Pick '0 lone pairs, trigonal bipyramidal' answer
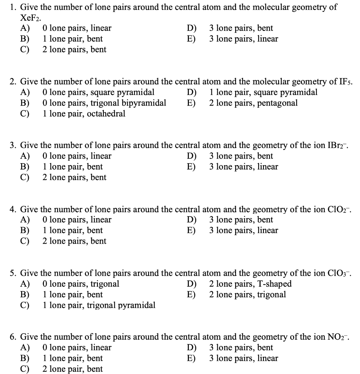pos(104,103)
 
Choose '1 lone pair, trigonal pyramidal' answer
pos(99,305)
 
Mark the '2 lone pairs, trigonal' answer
pos(247,294)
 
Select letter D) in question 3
pos(192,156)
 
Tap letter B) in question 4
pos(25,230)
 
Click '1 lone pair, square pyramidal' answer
pos(263,92)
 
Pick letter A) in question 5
pos(25,284)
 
